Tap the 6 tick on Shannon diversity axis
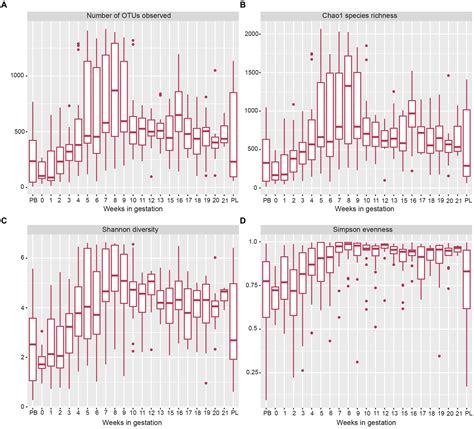(20, 257)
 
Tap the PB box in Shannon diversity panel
(33, 350)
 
